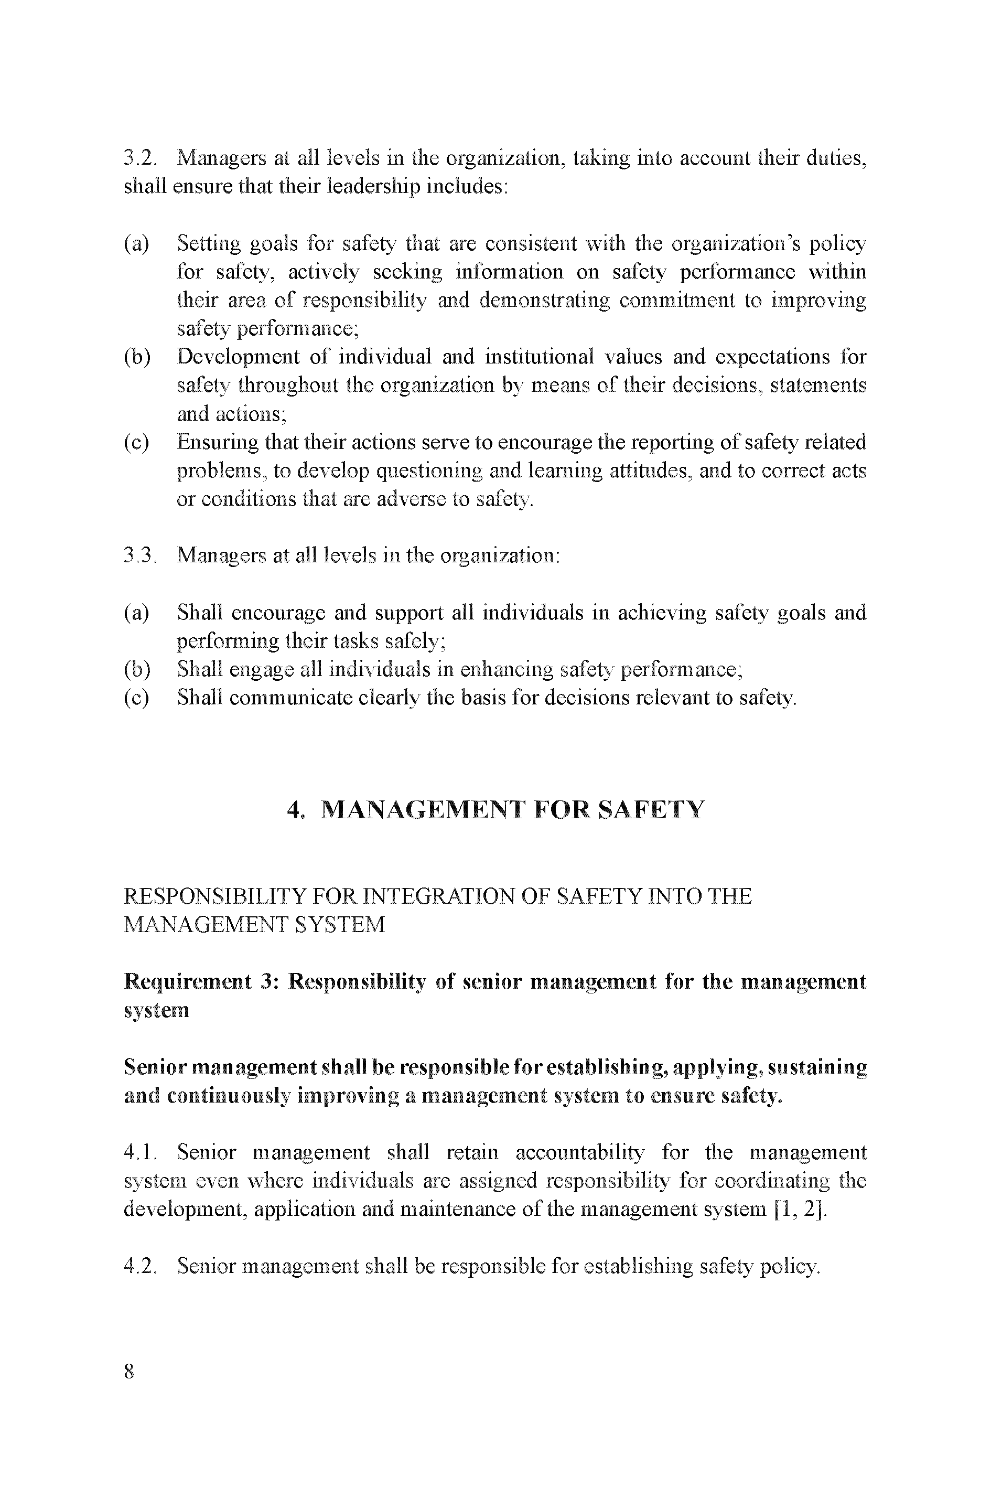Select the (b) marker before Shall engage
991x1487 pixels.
click(136, 669)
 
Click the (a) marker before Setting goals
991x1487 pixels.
click(136, 243)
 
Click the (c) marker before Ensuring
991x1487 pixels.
click(136, 442)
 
